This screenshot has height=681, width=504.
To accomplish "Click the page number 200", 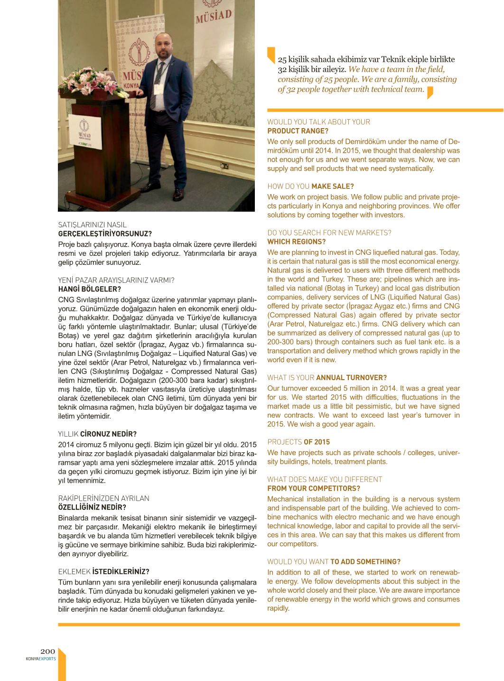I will point(47,651).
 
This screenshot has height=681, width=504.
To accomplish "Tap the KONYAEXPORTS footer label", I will point(41,659).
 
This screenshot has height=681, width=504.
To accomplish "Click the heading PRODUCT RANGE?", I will point(298,131).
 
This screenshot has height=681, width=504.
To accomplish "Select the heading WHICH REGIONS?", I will point(296,242).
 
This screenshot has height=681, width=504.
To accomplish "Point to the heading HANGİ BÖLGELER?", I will point(89,289).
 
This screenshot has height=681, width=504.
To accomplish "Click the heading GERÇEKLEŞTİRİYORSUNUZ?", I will point(105,233).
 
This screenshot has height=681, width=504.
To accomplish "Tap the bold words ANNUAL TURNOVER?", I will point(351,378).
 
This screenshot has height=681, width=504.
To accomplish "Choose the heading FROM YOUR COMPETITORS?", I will point(313,488).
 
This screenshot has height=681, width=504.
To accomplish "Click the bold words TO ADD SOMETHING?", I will point(365,561).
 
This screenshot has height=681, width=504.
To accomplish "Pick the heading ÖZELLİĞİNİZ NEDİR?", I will point(92,507).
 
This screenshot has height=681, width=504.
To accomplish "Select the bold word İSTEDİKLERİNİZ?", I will point(121,571).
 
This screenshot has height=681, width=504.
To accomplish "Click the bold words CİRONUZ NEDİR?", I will point(108,434).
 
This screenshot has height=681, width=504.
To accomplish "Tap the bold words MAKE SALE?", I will point(332,187).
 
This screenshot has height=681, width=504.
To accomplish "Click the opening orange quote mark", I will point(271,55).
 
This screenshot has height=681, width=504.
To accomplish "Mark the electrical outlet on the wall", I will point(225,166).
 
